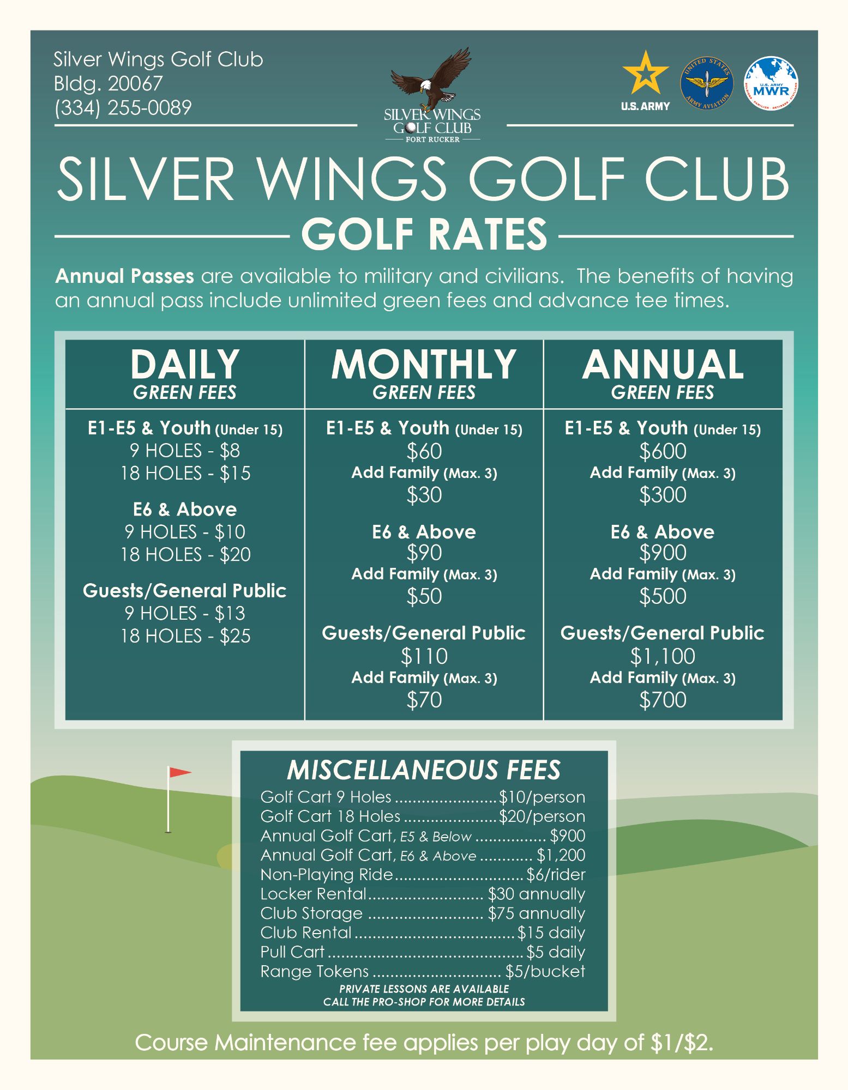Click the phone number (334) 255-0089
click(123, 107)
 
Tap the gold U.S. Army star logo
click(646, 74)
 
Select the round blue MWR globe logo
click(771, 83)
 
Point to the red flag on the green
click(179, 772)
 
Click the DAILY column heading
click(184, 364)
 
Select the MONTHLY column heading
click(424, 364)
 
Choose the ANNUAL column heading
click(663, 364)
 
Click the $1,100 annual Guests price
click(663, 656)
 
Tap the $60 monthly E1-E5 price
click(424, 451)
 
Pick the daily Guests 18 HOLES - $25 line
click(185, 636)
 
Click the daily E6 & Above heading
click(185, 509)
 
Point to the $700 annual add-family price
click(663, 700)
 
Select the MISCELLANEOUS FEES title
click(424, 770)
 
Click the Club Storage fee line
click(422, 913)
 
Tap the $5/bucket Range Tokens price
click(545, 971)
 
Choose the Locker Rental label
click(313, 894)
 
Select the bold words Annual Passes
click(124, 276)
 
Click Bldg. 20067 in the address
click(108, 83)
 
